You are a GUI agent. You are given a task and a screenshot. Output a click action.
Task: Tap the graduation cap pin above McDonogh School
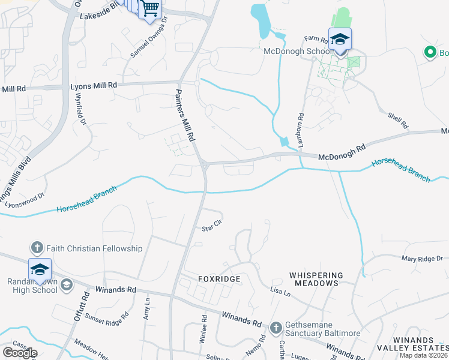[340, 40]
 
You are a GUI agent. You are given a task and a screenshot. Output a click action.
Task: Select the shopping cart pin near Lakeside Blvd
[149, 10]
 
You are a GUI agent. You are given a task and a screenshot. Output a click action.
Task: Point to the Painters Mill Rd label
[185, 115]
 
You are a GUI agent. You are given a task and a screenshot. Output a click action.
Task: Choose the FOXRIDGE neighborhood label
[219, 280]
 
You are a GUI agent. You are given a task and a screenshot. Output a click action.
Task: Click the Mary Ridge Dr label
[422, 258]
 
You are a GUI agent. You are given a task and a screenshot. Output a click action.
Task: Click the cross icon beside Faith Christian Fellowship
[36, 248]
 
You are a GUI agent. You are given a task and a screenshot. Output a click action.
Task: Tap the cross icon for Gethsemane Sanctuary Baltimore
[276, 328]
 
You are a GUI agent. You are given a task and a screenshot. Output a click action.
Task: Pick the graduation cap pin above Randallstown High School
[40, 269]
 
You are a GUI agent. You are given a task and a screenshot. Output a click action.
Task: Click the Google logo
[20, 353]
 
